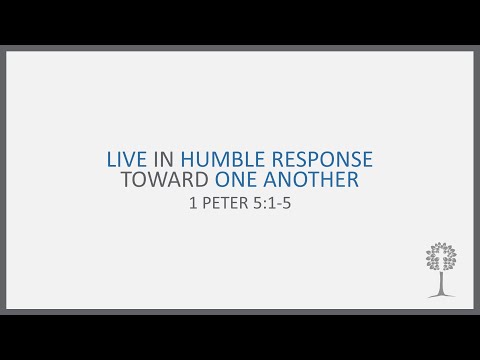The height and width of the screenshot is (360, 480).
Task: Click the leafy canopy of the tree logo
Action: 437,257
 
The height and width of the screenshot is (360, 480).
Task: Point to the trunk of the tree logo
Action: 437,283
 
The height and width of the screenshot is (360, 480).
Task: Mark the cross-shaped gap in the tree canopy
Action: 437,259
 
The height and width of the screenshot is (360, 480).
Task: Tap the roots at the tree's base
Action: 437,295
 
